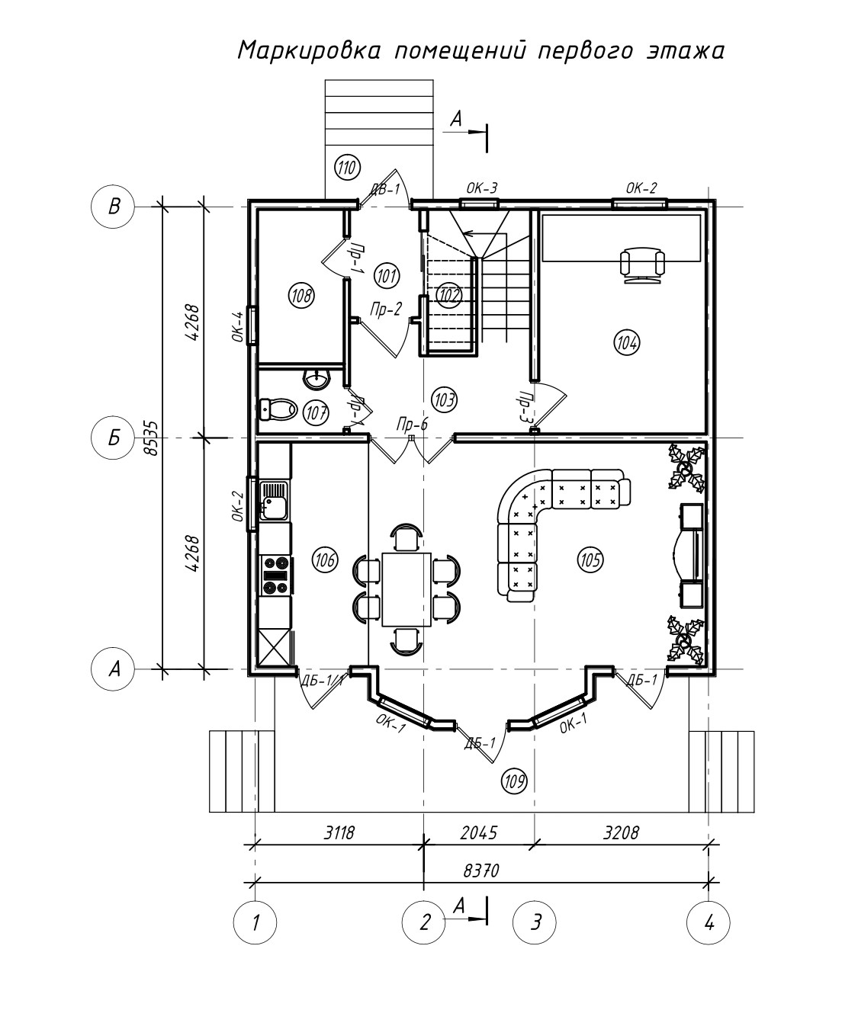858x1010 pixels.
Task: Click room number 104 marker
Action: [x=626, y=342]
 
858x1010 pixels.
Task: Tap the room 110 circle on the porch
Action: [x=347, y=168]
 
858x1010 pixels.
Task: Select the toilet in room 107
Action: [x=278, y=409]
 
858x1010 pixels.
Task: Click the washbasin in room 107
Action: [x=317, y=379]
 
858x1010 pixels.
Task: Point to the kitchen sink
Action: [x=275, y=501]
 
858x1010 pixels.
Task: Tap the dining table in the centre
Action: [x=407, y=588]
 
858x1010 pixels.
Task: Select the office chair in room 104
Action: [x=642, y=266]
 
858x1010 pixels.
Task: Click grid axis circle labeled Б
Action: [x=113, y=438]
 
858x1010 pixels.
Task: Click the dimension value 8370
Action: [x=481, y=870]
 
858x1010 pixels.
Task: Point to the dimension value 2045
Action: [x=479, y=832]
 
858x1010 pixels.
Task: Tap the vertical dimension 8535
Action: [x=153, y=438]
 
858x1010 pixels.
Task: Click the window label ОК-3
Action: [x=482, y=188]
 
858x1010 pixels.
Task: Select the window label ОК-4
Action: [x=238, y=326]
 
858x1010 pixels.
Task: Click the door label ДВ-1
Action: [x=385, y=188]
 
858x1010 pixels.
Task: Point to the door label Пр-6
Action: [x=412, y=425]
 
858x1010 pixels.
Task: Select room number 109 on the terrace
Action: [x=514, y=781]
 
